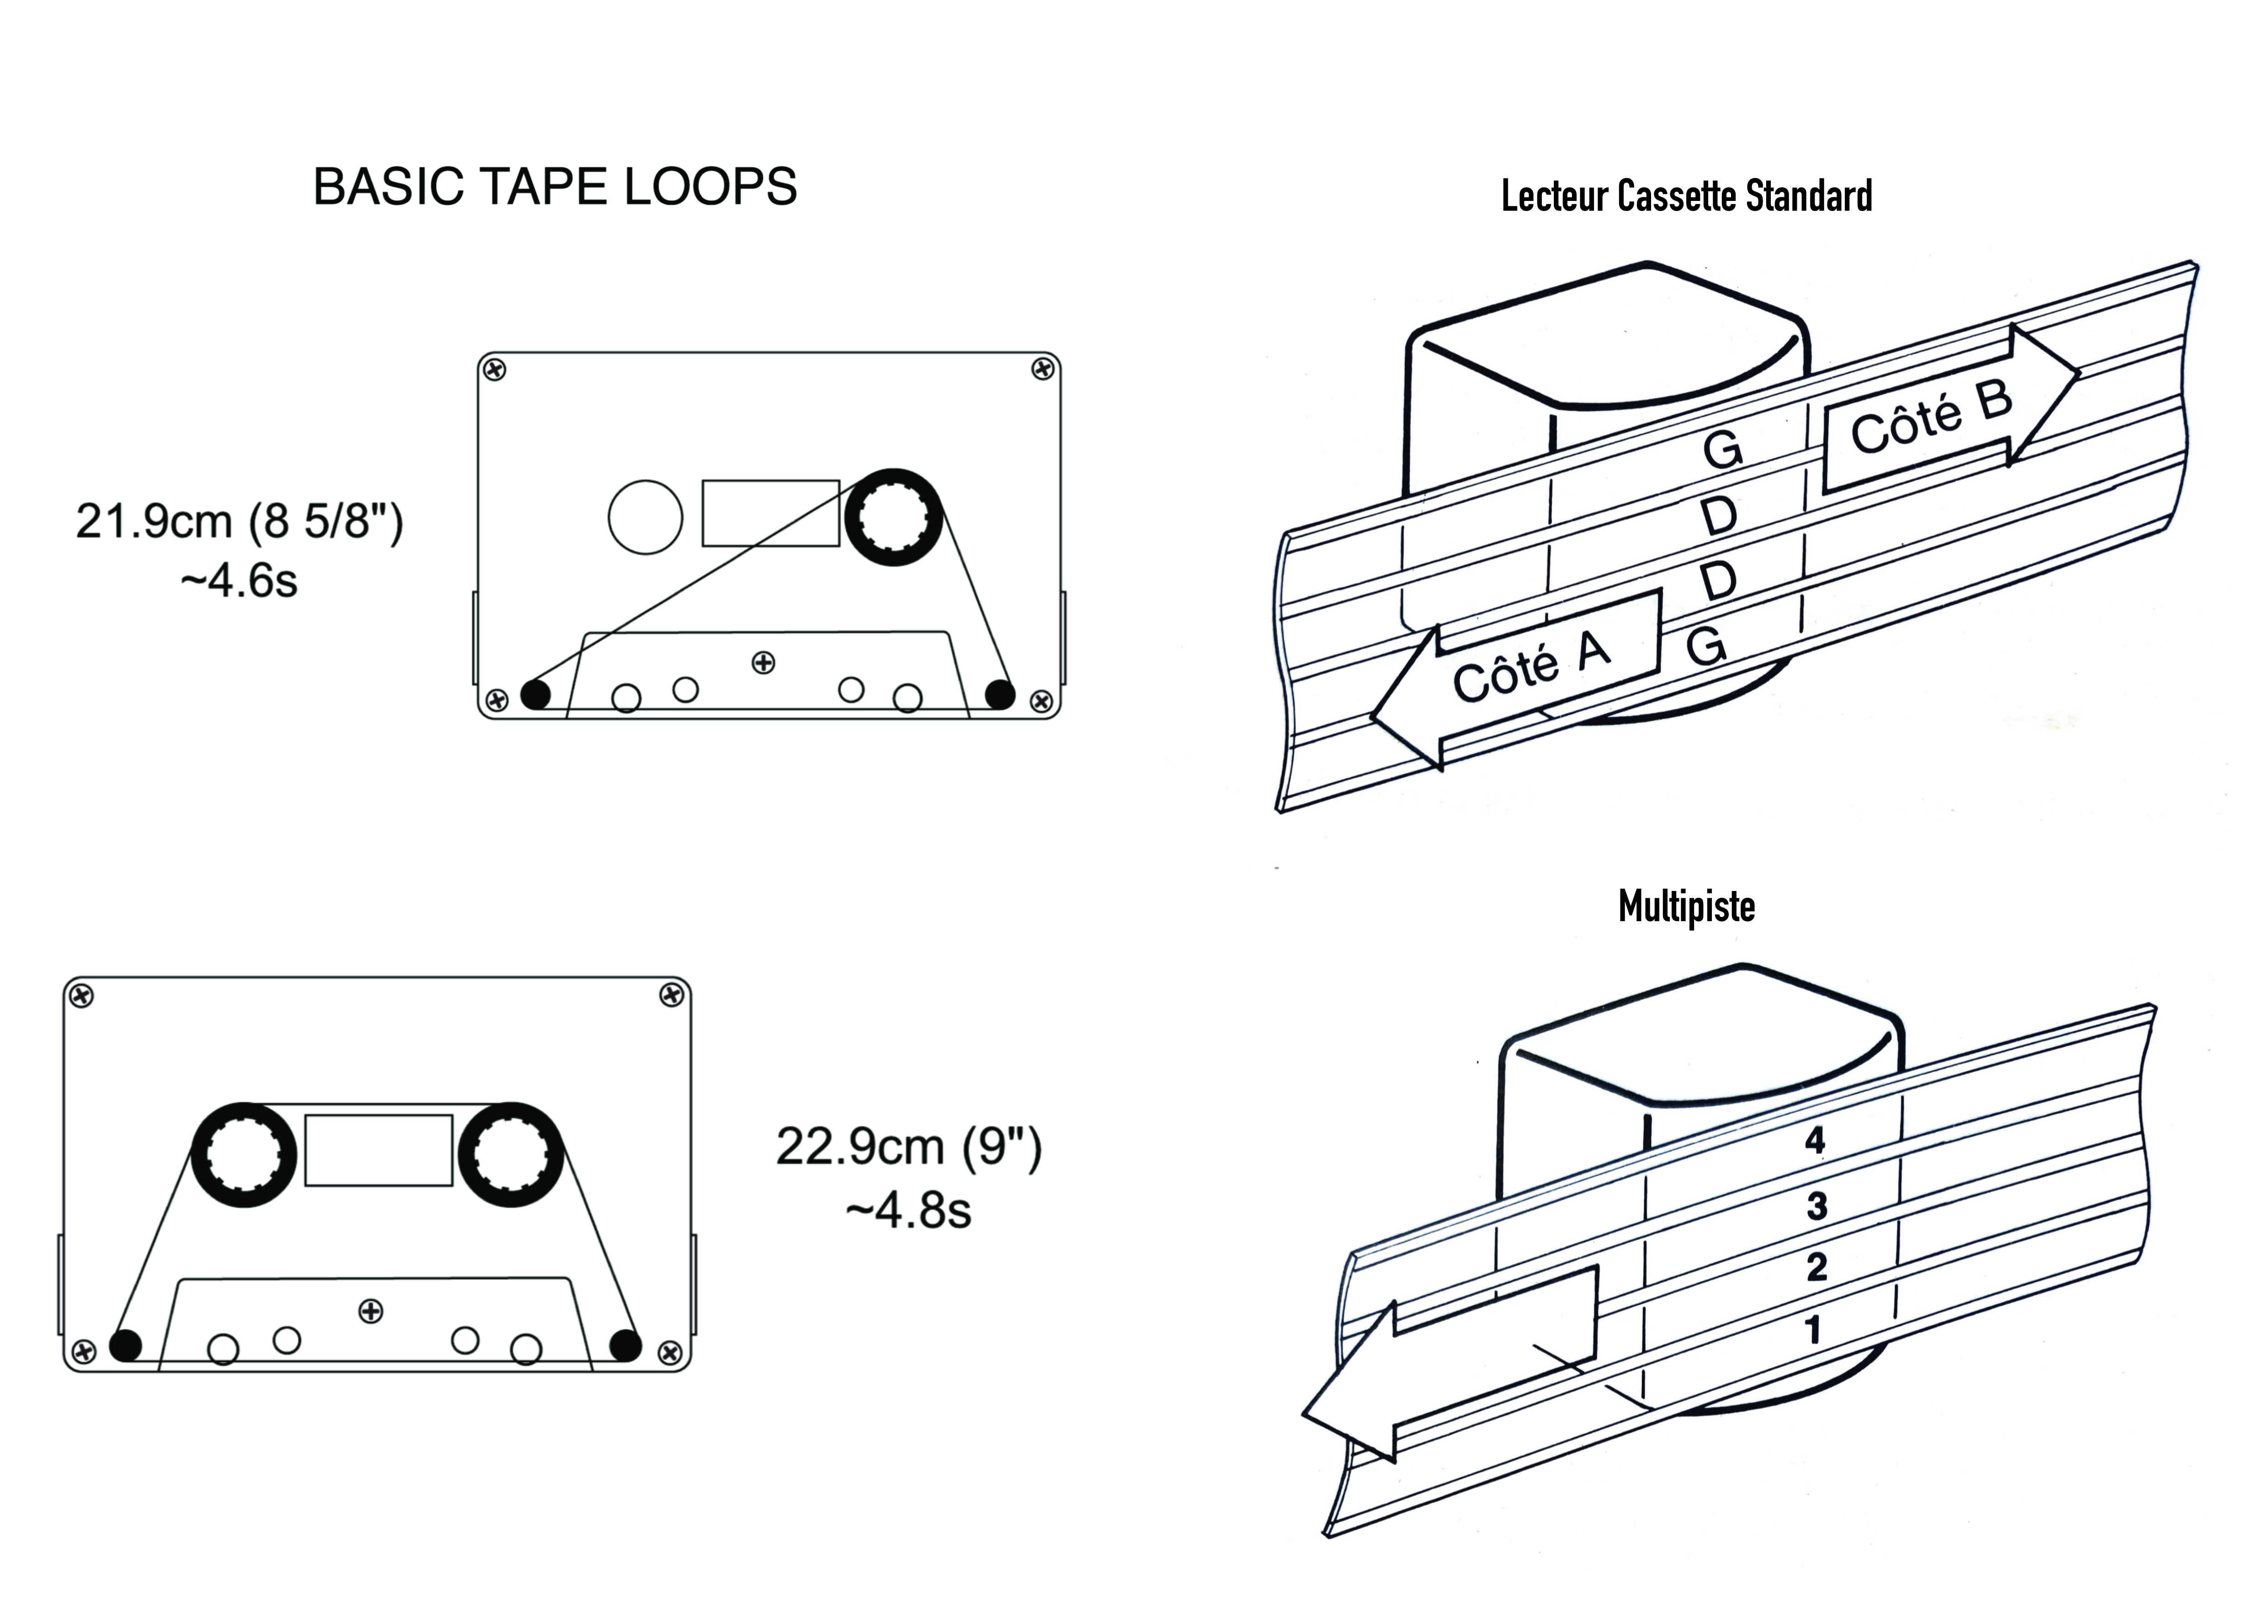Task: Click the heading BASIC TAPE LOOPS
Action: coord(554,186)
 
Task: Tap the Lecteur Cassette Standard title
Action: coord(1686,196)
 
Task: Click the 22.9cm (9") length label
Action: coord(908,1146)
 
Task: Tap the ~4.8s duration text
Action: coord(908,1209)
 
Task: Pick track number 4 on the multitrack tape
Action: coord(1814,1140)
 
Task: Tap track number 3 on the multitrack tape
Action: coord(1816,1206)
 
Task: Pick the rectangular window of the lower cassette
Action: coord(379,1150)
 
